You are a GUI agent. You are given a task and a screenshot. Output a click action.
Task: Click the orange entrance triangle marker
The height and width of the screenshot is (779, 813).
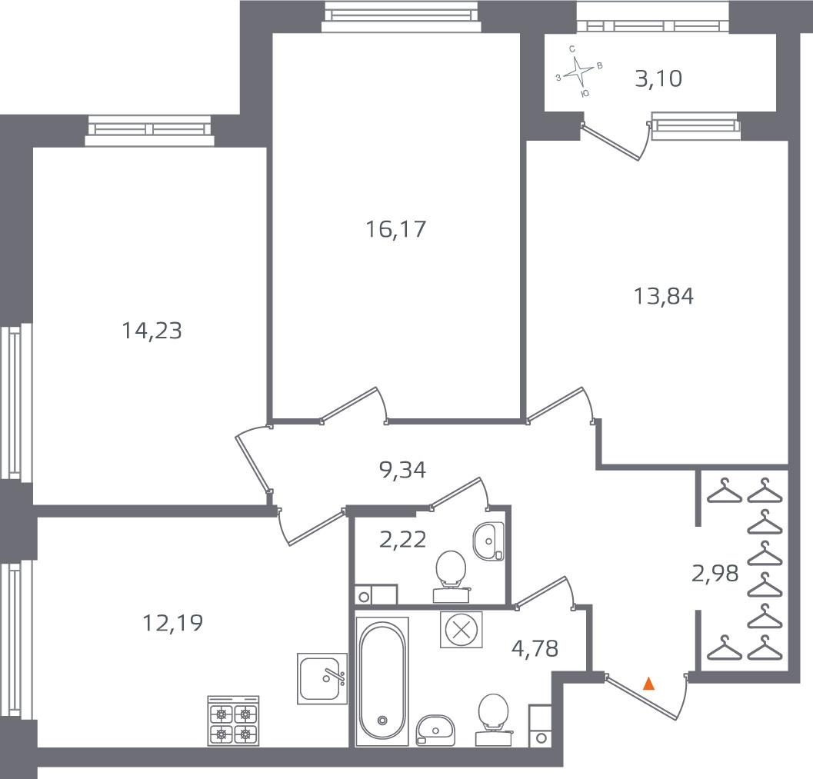648,684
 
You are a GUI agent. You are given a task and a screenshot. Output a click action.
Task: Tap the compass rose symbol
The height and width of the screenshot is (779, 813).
578,72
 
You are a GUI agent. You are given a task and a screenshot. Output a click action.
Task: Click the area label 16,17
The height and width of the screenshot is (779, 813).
395,229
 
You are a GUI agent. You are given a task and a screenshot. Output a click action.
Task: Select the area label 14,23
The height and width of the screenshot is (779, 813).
152,331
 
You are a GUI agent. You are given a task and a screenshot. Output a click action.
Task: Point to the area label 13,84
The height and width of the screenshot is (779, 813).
664,297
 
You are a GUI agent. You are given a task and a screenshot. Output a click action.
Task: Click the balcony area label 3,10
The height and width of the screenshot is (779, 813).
658,78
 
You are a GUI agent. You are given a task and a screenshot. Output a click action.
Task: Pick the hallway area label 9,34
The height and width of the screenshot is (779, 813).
403,470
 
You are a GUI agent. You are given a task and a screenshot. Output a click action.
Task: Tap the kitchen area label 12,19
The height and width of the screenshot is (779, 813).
172,622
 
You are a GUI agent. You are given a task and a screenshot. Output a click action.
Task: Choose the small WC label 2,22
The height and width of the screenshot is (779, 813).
403,540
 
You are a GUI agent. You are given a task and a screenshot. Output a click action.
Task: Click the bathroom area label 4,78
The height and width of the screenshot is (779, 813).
535,648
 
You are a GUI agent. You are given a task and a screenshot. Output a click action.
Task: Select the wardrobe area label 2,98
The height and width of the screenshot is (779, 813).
715,574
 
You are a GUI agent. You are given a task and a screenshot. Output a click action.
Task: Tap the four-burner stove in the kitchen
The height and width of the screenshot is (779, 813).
233,721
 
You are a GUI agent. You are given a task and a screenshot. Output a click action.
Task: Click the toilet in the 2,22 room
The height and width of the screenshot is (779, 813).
451,576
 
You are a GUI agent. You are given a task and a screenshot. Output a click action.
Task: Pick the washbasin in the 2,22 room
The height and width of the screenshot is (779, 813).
488,541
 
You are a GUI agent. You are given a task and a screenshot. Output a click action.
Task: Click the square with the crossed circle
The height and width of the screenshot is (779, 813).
461,630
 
